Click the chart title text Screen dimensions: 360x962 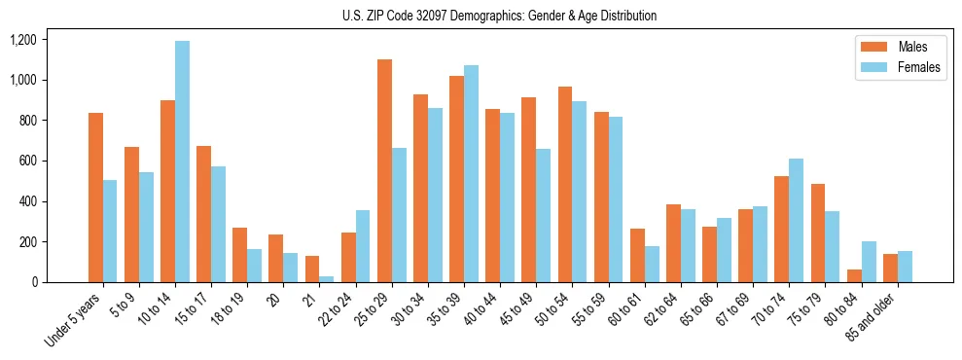click(x=499, y=16)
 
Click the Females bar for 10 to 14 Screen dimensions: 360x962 click(x=182, y=162)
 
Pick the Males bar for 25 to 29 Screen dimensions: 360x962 click(x=384, y=171)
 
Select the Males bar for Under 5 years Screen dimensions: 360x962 click(x=95, y=198)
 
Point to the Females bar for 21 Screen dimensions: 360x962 click(x=327, y=279)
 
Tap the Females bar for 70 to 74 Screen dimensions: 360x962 click(x=797, y=220)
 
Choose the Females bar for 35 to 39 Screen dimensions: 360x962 click(x=471, y=174)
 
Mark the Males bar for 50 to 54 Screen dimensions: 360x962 click(x=565, y=185)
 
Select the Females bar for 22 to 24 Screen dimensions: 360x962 click(x=363, y=246)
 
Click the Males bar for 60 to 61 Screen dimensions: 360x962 click(x=637, y=256)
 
